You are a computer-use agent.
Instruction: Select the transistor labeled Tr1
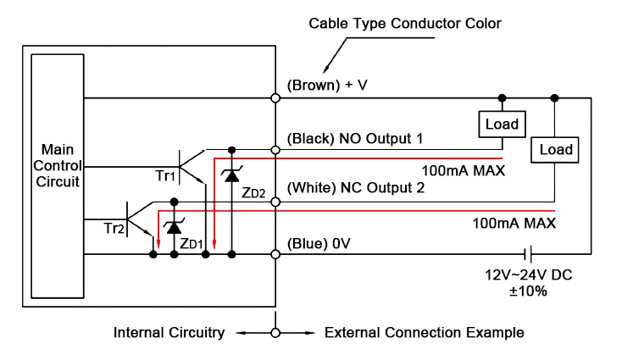(188, 163)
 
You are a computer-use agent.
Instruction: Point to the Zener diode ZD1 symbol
(174, 227)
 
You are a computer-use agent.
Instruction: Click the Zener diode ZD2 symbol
(230, 175)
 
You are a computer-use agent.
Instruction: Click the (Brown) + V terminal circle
(275, 97)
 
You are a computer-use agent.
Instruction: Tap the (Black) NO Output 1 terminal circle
(275, 149)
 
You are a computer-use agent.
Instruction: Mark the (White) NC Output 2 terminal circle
(275, 202)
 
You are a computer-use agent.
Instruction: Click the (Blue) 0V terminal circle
(275, 253)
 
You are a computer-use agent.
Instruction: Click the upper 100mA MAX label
(464, 170)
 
